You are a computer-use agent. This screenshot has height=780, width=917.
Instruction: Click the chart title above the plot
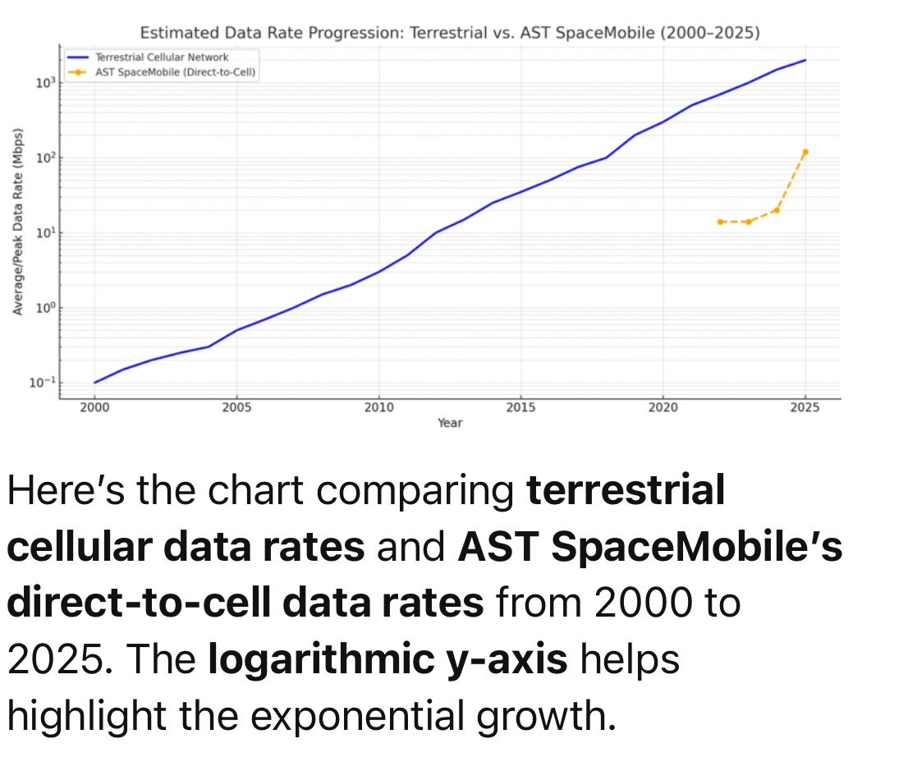point(450,34)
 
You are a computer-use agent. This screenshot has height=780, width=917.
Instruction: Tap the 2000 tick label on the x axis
point(94,407)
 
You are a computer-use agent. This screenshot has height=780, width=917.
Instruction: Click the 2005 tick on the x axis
point(236,407)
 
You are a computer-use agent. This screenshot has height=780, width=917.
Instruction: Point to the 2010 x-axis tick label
point(378,407)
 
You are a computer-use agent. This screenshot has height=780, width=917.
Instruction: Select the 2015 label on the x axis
point(520,407)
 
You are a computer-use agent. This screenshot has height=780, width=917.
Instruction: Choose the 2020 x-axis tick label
point(663,407)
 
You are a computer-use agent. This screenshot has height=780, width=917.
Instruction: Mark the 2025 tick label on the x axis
point(805,407)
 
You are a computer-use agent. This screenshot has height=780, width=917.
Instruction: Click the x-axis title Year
point(449,423)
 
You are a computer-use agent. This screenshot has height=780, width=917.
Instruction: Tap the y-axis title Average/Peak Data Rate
point(17,222)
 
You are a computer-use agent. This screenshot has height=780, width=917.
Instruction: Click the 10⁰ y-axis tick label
point(45,308)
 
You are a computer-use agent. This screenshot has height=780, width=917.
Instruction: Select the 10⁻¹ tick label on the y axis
point(44,383)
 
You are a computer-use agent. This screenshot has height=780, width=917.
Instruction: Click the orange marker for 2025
point(805,152)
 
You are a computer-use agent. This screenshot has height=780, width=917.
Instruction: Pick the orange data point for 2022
point(720,222)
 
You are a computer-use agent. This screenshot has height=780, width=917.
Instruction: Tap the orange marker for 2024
point(777,210)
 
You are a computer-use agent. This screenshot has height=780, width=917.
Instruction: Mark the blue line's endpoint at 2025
point(805,60)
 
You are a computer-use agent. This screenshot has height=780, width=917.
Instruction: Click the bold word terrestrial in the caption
point(626,491)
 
